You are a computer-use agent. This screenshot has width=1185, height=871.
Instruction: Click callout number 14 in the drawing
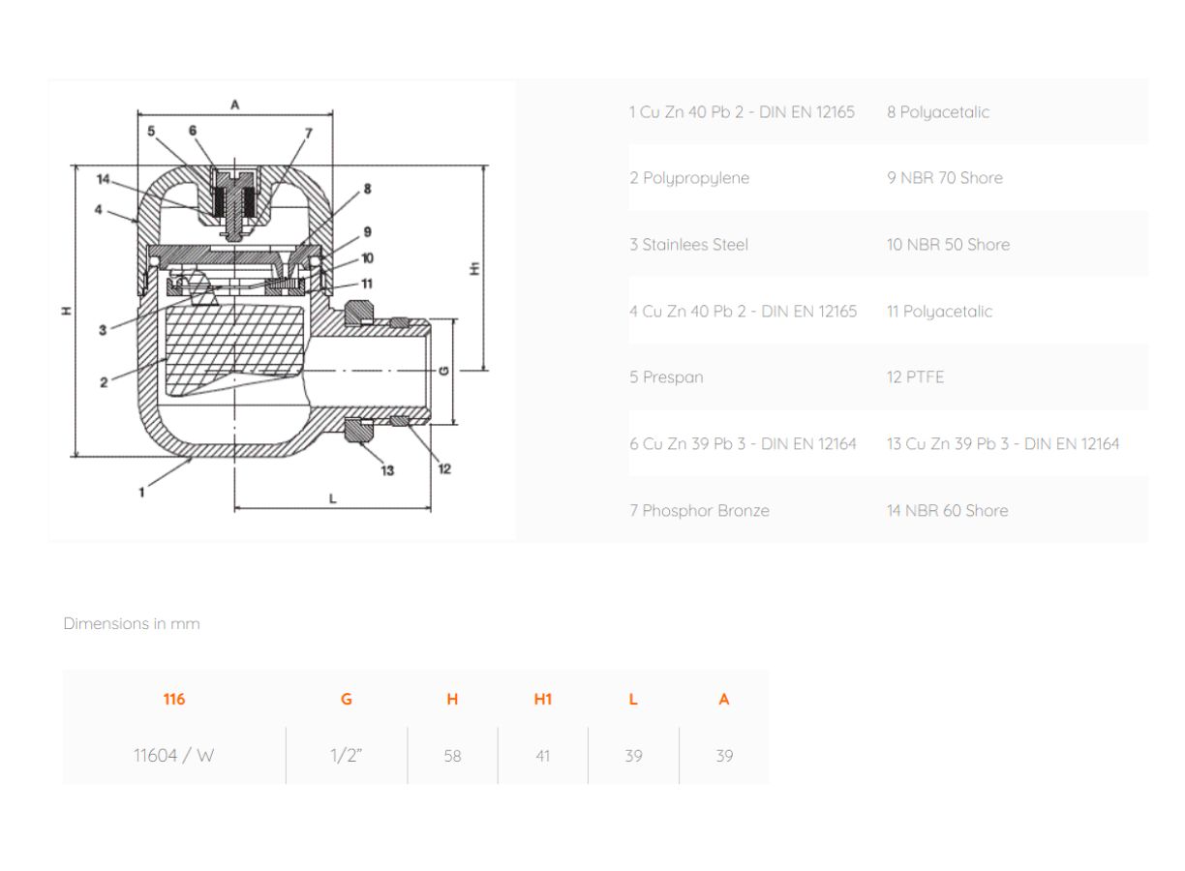[x=103, y=179]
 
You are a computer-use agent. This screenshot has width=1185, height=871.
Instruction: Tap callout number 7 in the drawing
[x=309, y=133]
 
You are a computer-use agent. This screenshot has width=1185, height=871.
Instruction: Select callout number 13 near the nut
[x=387, y=470]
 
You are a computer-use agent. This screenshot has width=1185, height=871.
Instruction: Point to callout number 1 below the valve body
[x=141, y=493]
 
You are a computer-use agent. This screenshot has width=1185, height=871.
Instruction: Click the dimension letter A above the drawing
[x=235, y=105]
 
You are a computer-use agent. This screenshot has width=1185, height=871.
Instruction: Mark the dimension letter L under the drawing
[x=332, y=498]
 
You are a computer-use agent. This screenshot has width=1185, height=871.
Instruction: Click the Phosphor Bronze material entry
[x=699, y=510]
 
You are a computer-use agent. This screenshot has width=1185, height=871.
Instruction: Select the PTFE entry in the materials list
[x=915, y=377]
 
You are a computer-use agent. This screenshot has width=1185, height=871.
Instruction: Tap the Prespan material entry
[x=666, y=377]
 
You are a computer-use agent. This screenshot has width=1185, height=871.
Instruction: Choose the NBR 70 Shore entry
[x=945, y=178]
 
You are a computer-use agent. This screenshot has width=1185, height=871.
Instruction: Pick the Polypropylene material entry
[x=689, y=178]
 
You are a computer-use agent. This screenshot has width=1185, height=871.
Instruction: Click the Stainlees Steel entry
[x=688, y=244]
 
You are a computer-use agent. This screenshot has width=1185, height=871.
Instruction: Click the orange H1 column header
[x=543, y=699]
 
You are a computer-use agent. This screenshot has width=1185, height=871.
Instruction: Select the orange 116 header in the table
[x=174, y=699]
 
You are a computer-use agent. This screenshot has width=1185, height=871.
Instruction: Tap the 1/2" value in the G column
[x=347, y=755]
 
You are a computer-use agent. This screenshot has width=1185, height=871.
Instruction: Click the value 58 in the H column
[x=452, y=756]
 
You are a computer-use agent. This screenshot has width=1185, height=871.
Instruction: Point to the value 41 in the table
[x=543, y=756]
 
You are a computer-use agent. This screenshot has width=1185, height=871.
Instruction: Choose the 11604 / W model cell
[x=173, y=755]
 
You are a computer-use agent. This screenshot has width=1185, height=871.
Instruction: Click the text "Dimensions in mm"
[x=132, y=623]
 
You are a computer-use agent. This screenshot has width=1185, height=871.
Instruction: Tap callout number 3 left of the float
[x=103, y=330]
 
